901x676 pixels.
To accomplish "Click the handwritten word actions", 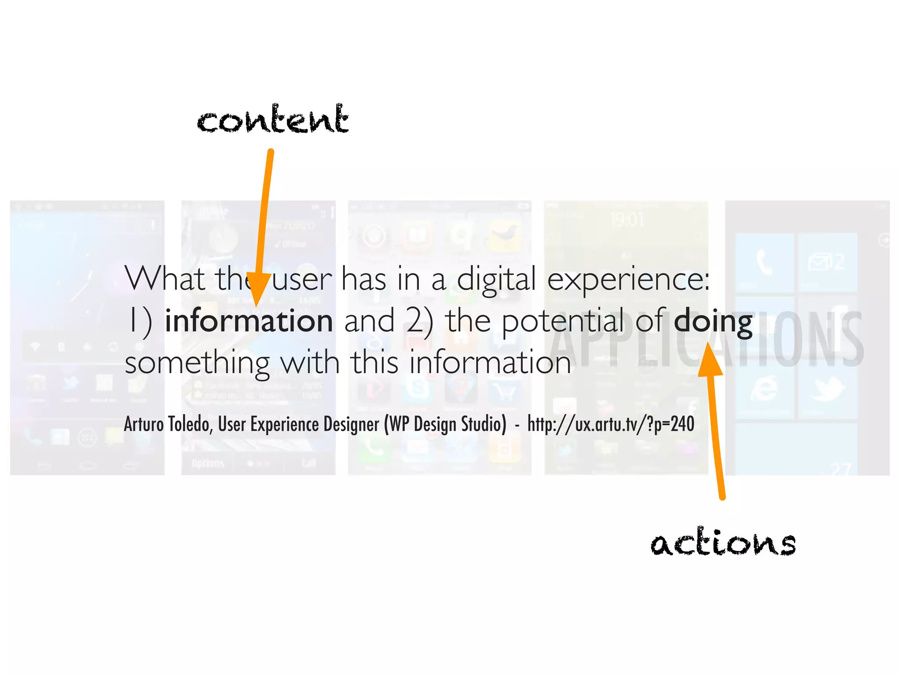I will click(723, 542).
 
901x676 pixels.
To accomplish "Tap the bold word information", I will click(249, 321).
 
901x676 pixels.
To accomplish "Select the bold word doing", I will click(713, 322).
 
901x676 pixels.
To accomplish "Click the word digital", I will click(496, 280).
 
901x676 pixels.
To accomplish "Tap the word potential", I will click(563, 322).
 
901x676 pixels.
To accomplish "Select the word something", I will click(197, 363).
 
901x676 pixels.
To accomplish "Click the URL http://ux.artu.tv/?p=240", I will click(611, 424).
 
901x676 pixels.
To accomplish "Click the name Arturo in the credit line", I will click(144, 424).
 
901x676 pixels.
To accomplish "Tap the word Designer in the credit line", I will click(351, 424).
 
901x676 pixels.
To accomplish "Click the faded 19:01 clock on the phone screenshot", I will click(626, 219).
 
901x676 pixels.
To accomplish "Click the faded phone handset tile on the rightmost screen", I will click(764, 263).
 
